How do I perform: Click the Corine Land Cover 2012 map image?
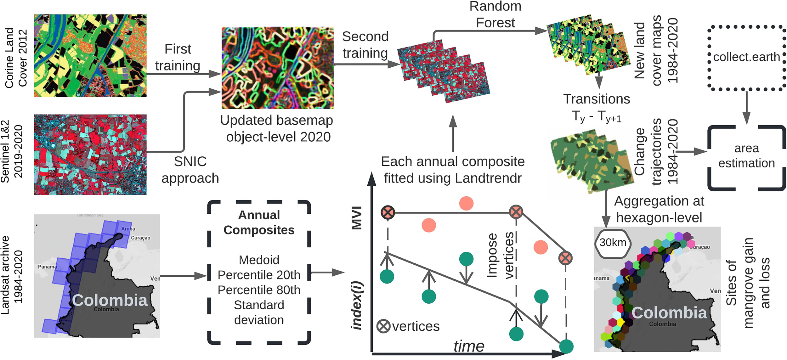tap(90, 55)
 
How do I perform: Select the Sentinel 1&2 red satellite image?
tap(90, 155)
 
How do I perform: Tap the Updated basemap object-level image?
tap(278, 68)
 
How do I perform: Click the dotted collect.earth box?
tap(746, 58)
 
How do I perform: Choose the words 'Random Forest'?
tap(495, 14)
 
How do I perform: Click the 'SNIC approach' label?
tap(190, 170)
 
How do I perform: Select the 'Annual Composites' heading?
tap(259, 222)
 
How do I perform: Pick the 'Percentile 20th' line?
tap(259, 275)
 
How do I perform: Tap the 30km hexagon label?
tap(612, 242)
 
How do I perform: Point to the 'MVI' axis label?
tap(357, 218)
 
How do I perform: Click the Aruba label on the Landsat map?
tap(128, 229)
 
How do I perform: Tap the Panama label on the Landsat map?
tap(48, 267)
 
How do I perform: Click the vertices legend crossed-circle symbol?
tap(383, 326)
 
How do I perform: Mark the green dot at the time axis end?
tap(566, 346)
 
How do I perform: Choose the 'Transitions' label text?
tap(597, 99)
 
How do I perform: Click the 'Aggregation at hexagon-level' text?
tap(659, 209)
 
